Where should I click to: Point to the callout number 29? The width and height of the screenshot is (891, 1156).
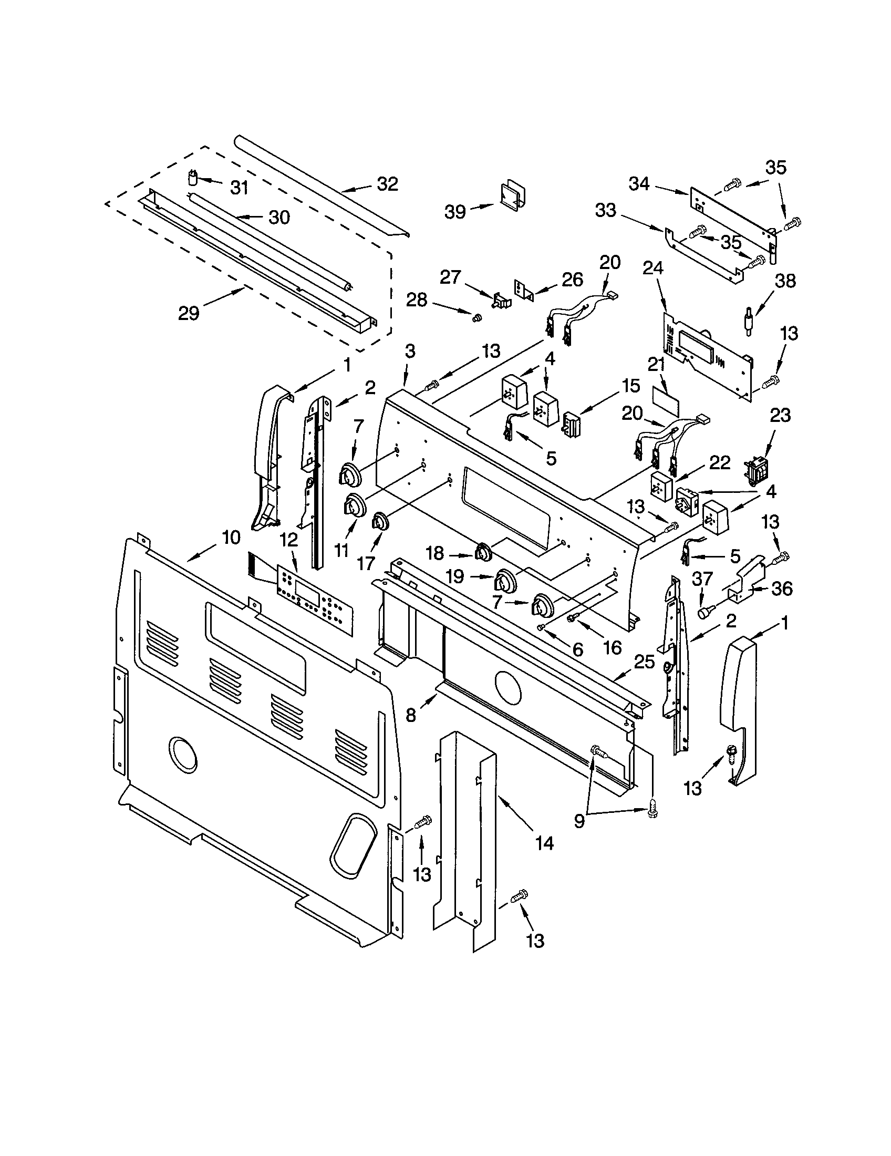point(189,313)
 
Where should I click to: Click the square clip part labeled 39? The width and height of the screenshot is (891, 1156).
point(511,195)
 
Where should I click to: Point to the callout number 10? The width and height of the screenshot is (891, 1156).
point(231,538)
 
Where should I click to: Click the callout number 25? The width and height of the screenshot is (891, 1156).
point(645,662)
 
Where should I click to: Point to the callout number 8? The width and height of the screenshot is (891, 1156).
point(411,715)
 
